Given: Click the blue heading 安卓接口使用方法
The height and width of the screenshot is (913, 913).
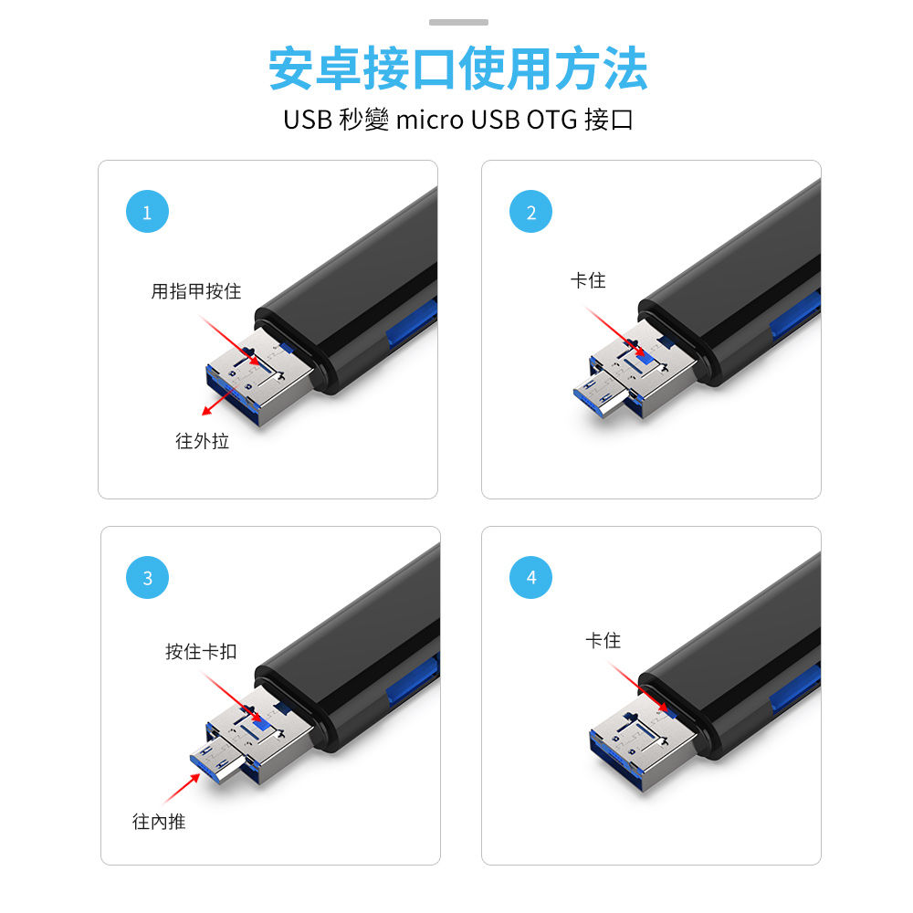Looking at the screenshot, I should pos(457,69).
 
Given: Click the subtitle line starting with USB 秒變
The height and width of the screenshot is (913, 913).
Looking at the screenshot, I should pos(457,120).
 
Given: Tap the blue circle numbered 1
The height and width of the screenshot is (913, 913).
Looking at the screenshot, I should pos(147,213).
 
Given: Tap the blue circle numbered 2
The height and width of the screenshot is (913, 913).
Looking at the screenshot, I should pos(531,213).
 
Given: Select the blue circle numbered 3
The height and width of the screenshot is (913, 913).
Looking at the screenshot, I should pos(148,578).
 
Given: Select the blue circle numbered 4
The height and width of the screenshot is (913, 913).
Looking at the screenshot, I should pos(531,577).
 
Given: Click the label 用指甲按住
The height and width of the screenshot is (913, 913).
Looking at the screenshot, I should pos(195,291).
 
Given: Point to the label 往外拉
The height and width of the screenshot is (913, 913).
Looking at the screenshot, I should pos(202,441).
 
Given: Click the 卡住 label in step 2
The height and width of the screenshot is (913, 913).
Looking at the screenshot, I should pos(587,280).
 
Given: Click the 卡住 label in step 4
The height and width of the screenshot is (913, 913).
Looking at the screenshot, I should pos(603,641).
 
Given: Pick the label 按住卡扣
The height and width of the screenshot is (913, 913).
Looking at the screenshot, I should pos(201,651).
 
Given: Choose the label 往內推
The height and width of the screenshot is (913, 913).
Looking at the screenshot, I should pos(159,822).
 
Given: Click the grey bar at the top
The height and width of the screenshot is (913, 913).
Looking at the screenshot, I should pos(458,22).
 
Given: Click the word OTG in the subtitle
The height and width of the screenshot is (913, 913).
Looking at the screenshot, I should pos(551,120).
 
